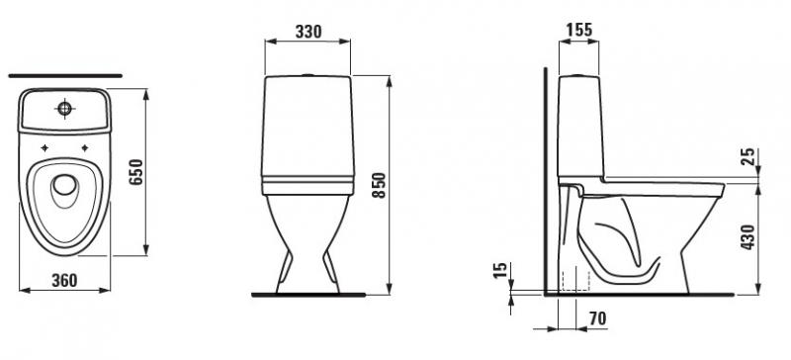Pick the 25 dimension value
pos(748,156)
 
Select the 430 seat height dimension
pos(748,237)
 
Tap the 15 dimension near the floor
pos(500,270)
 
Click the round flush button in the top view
pos(66,106)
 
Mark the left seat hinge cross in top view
pos(44,148)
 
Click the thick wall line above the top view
pos(64,74)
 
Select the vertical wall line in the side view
pos(545,178)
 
